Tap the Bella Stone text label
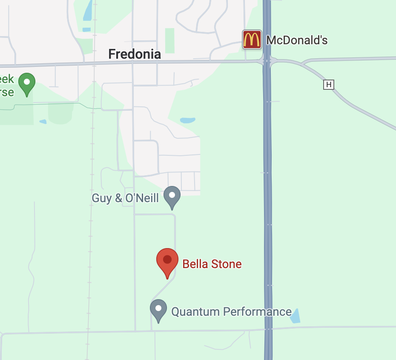click(x=212, y=264)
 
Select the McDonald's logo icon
click(x=252, y=40)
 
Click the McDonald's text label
click(x=297, y=40)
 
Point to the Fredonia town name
click(x=135, y=54)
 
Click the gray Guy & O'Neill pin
click(x=172, y=196)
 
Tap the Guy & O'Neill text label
click(x=125, y=198)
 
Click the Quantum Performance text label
click(x=231, y=312)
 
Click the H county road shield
click(x=328, y=85)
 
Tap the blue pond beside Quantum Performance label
click(x=295, y=316)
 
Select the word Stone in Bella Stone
click(x=225, y=264)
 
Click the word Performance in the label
click(x=259, y=312)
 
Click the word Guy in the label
click(x=100, y=198)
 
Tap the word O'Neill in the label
click(x=142, y=198)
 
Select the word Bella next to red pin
click(x=195, y=264)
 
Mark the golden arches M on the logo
click(x=252, y=40)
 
